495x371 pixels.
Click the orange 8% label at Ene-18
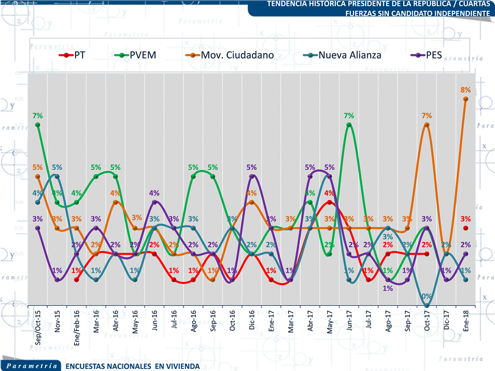point(465,90)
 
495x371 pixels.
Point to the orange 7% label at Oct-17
point(426,116)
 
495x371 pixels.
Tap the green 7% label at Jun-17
point(349,116)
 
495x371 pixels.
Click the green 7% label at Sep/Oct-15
point(38,116)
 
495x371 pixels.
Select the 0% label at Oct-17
point(426,296)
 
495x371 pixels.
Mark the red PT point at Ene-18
point(466,228)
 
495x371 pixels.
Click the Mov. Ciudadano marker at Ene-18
point(466,99)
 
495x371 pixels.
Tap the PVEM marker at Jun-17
point(349,125)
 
